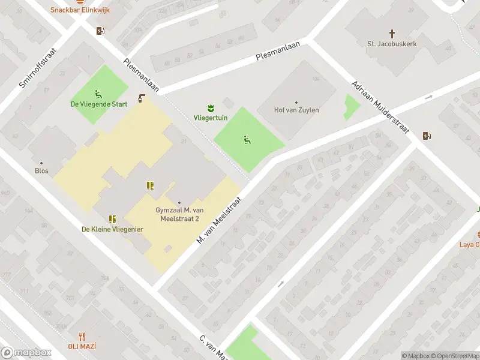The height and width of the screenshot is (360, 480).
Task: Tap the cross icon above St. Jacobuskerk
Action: [392, 34]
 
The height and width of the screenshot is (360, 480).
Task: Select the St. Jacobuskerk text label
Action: [392, 44]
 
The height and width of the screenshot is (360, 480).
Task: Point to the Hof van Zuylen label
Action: [296, 110]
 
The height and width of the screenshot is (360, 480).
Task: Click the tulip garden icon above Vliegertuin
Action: [210, 108]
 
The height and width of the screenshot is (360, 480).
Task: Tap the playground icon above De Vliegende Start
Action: [98, 94]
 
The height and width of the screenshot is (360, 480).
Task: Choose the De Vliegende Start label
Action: [99, 104]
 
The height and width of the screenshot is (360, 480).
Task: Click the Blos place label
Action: [41, 170]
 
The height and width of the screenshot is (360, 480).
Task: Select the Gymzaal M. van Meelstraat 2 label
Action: [179, 214]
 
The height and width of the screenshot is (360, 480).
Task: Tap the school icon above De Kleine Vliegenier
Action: [112, 219]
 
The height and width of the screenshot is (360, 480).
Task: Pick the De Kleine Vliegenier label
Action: [112, 229]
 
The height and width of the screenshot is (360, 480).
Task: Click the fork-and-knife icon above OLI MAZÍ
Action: [82, 337]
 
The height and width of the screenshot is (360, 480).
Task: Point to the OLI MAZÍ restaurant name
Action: [82, 346]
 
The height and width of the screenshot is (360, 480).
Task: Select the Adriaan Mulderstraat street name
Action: [379, 109]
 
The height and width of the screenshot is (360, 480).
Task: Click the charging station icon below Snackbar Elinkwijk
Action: [100, 31]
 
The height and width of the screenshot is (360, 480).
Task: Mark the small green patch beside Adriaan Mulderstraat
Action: [351, 106]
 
